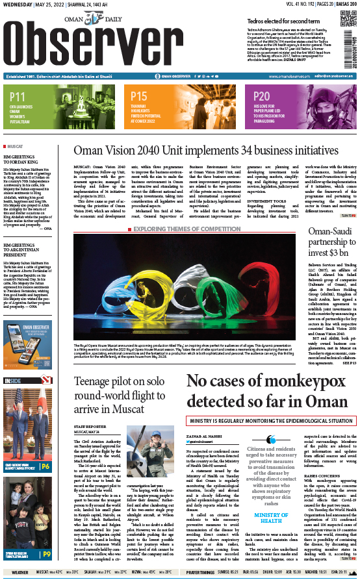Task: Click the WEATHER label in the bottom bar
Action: [19, 573]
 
